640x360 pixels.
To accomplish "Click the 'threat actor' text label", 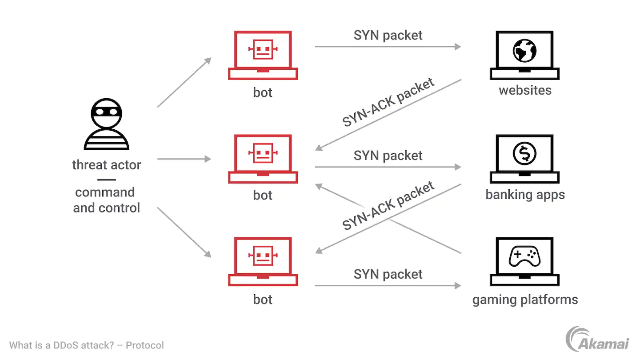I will coord(106,165).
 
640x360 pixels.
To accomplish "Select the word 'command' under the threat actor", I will coord(105,192).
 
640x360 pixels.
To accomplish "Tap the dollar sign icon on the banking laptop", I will coord(524,154).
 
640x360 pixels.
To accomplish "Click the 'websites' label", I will coord(525,90).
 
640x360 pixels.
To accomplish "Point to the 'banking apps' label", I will coord(525,195).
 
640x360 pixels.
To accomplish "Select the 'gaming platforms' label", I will coord(525,300).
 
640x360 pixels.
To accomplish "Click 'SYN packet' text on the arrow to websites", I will coord(388,36).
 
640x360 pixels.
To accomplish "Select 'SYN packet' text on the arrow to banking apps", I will coord(388,156).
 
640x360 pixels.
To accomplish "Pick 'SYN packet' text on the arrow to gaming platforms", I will coord(388,274).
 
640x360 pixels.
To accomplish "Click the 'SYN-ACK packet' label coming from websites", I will coord(388,103).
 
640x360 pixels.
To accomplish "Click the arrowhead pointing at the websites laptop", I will coord(458,46).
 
